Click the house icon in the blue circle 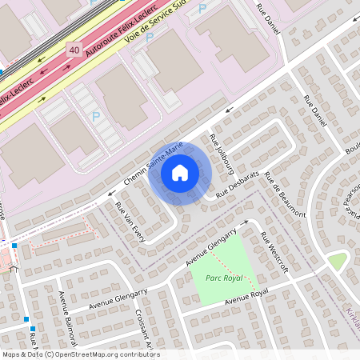tap(180, 172)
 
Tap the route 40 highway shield tap(74, 50)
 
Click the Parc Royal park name tap(223, 278)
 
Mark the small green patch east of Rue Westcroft tap(338, 260)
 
